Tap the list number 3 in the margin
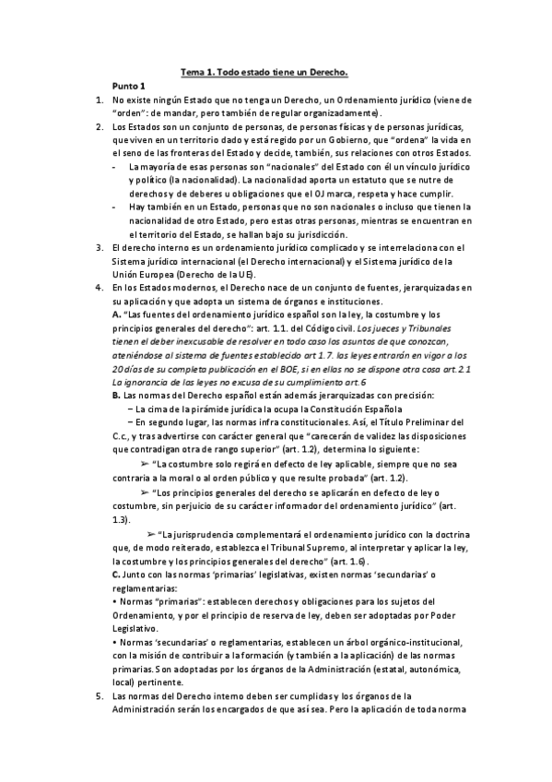click(100, 247)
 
